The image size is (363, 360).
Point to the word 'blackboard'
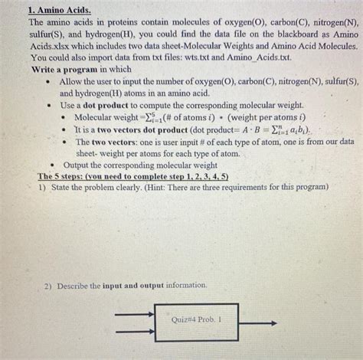pos(291,34)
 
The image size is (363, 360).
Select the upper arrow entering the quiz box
pos(133,313)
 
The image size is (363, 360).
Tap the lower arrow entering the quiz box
pos(133,332)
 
